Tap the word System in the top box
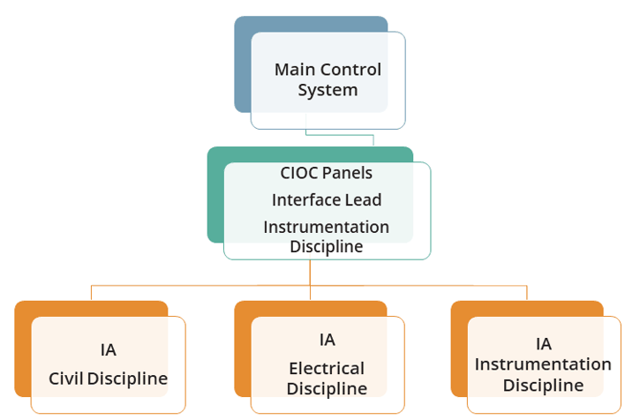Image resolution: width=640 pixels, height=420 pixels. (x=328, y=90)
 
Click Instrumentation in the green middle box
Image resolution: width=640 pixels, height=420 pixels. (x=326, y=227)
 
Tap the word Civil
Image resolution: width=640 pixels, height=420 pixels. (x=66, y=379)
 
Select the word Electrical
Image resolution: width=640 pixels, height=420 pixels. (x=326, y=368)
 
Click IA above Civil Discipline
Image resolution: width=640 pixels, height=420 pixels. (x=109, y=349)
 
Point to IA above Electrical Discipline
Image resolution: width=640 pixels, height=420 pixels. (x=327, y=341)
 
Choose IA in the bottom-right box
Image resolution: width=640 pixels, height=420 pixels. (x=543, y=344)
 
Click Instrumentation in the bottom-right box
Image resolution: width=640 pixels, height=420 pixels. (x=543, y=364)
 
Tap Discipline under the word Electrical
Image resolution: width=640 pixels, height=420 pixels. (x=326, y=388)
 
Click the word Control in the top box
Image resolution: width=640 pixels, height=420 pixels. (x=350, y=70)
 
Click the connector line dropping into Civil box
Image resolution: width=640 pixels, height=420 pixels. (x=92, y=293)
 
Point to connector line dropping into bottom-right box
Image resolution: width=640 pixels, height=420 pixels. (x=527, y=293)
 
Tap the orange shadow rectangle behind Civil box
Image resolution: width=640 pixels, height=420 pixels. (x=23, y=353)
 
